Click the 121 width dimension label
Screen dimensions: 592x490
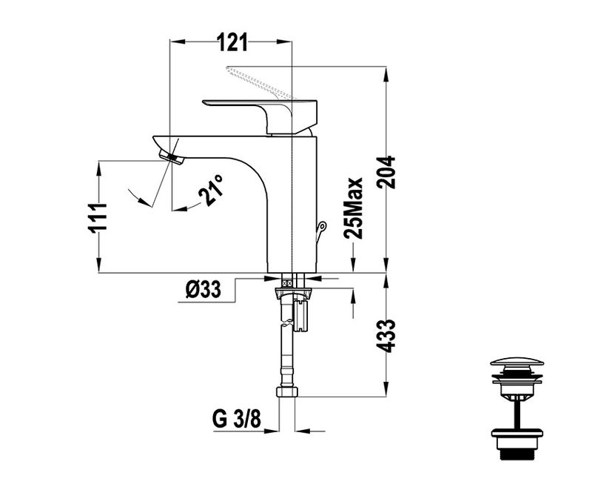(x=232, y=42)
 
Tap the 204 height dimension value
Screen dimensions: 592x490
(x=386, y=172)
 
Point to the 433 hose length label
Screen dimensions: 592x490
(x=386, y=336)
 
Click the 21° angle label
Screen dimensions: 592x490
(x=212, y=191)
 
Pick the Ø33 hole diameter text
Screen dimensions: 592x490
(x=203, y=290)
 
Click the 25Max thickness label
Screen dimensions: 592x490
(x=353, y=208)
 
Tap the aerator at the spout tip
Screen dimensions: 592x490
(x=171, y=157)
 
